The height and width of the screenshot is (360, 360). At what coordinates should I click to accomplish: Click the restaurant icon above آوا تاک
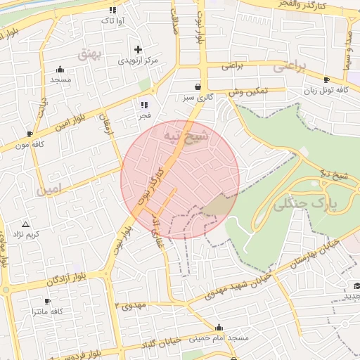click(x=112, y=10)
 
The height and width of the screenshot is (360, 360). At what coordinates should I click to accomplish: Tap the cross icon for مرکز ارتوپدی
click(x=138, y=50)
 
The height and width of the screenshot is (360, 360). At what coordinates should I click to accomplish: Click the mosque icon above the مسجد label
click(x=60, y=70)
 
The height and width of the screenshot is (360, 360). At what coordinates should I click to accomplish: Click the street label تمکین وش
click(x=248, y=92)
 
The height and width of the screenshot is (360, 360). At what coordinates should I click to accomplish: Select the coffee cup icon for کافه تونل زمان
click(x=326, y=80)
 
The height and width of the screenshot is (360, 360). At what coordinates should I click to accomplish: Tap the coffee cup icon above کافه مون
click(x=30, y=134)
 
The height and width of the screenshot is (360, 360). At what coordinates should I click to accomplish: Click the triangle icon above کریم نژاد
click(x=25, y=223)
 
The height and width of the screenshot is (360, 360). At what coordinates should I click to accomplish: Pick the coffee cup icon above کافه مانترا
click(x=47, y=300)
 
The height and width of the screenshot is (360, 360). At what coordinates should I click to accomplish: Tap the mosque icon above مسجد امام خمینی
click(x=219, y=327)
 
